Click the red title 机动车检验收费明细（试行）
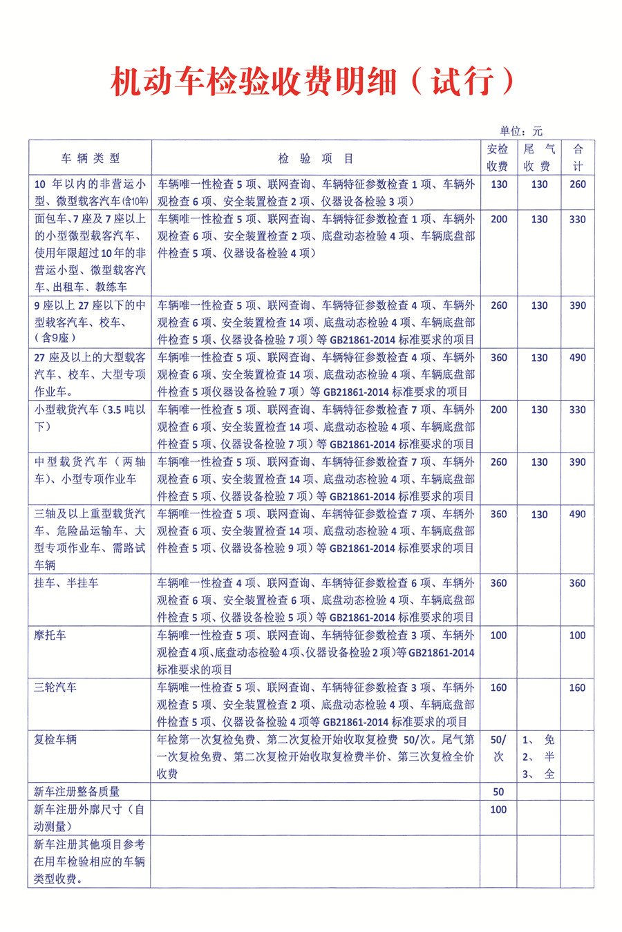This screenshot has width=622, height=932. click(x=312, y=82)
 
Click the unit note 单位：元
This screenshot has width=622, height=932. click(x=521, y=131)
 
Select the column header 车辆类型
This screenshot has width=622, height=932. click(x=91, y=158)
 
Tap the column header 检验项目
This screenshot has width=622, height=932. click(x=316, y=158)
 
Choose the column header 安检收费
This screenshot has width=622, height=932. click(x=498, y=158)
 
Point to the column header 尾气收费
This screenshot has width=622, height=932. click(x=538, y=158)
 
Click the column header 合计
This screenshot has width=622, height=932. click(x=578, y=158)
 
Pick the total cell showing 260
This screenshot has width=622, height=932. click(x=578, y=184)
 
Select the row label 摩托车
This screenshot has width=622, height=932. click(x=50, y=635)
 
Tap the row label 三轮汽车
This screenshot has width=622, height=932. click(x=56, y=687)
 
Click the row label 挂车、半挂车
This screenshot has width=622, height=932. click(x=66, y=583)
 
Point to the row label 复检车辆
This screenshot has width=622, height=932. click(x=56, y=739)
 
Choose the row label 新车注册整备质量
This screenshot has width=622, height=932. click(x=77, y=792)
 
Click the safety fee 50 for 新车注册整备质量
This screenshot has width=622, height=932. click(x=498, y=792)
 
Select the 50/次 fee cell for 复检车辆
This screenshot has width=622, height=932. click(x=498, y=748)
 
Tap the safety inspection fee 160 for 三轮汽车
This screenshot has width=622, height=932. click(x=498, y=687)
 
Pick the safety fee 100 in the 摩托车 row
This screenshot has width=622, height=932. click(x=498, y=635)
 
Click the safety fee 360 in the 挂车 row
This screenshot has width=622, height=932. click(x=498, y=583)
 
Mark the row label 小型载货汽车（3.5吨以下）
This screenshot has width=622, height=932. click(x=91, y=418)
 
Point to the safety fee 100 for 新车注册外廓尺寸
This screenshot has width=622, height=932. click(x=498, y=809)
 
